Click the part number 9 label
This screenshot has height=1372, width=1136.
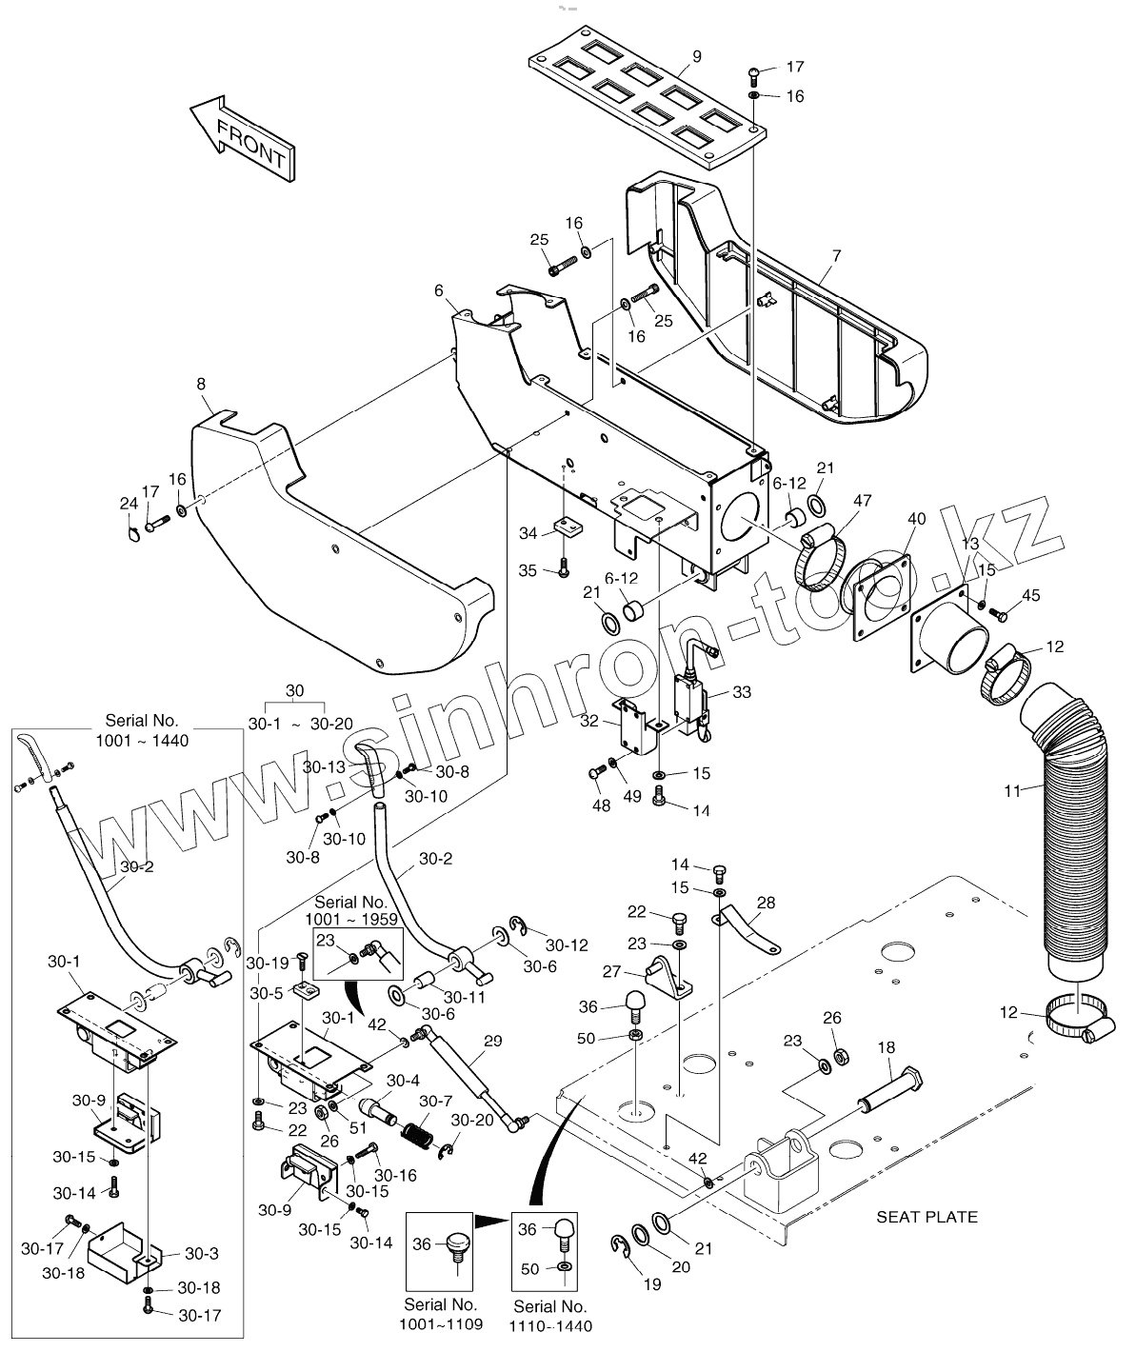coord(696,57)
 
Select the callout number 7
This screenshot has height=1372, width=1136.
coord(836,256)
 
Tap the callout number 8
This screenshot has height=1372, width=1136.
coord(201,385)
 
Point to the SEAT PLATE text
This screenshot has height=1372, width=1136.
coord(927,1216)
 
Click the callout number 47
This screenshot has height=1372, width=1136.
coord(863,500)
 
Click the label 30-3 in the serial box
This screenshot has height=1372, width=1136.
coord(202,1253)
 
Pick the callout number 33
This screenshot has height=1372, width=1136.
coord(742,692)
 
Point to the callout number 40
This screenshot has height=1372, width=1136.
coord(916,519)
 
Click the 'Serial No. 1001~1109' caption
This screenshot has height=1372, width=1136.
coord(441,1314)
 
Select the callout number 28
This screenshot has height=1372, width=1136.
coord(767,902)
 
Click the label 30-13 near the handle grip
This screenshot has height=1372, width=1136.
coord(324,766)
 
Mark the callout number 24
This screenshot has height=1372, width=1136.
coord(129,503)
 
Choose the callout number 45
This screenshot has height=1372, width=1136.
coord(1030,596)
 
